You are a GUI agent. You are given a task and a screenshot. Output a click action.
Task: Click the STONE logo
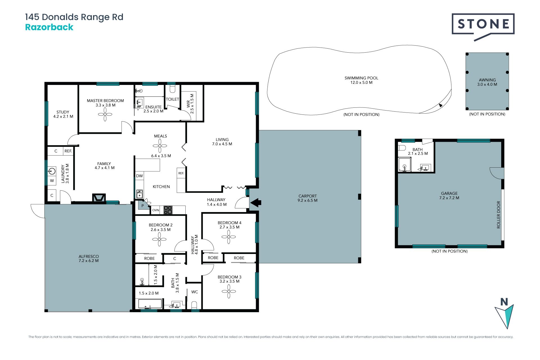[483, 25]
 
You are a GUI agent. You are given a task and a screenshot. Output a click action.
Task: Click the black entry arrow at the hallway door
[256, 202]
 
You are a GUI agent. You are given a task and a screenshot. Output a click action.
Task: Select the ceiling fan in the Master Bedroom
[105, 114]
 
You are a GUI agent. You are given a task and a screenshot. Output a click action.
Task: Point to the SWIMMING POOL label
[361, 78]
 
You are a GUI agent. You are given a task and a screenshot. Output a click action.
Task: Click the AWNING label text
[487, 80]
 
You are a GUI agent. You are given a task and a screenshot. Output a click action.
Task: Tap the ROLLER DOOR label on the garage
[499, 215]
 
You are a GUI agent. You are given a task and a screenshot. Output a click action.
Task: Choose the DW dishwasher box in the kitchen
[139, 176]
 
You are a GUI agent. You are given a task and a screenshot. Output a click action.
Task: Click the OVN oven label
[156, 210]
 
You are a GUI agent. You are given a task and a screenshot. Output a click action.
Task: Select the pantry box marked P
[143, 206]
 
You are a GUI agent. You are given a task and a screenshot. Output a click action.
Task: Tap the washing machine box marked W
[52, 181]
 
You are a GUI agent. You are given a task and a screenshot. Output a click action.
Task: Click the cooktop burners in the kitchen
[168, 210]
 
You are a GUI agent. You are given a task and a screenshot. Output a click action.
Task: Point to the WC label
[195, 292]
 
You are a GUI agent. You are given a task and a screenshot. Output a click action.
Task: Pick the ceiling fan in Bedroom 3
[229, 291]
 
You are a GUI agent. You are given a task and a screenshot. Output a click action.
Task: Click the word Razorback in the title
[49, 27]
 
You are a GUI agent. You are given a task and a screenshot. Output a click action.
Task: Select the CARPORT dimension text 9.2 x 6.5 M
[307, 201]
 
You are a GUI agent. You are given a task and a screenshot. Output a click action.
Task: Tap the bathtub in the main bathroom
[150, 304]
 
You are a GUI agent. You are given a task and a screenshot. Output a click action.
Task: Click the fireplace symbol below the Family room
[99, 198]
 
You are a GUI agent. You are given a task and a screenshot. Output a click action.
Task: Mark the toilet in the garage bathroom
[402, 148]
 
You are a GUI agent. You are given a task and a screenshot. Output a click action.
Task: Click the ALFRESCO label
[89, 256]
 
